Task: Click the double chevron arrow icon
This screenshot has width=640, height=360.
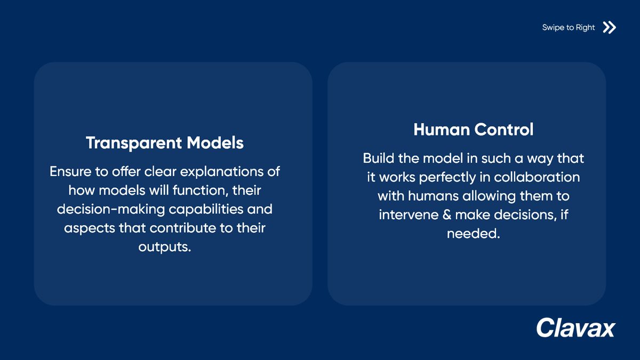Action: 609,27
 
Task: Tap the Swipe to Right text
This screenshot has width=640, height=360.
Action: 568,28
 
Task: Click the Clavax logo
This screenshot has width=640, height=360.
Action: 575,327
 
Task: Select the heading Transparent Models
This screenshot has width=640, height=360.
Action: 165,143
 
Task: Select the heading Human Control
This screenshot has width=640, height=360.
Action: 473,130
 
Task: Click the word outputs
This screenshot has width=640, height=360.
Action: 164,247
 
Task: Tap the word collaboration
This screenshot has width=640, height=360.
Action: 540,177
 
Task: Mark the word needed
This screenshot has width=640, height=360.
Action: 473,234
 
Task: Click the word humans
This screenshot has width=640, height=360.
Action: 433,196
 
